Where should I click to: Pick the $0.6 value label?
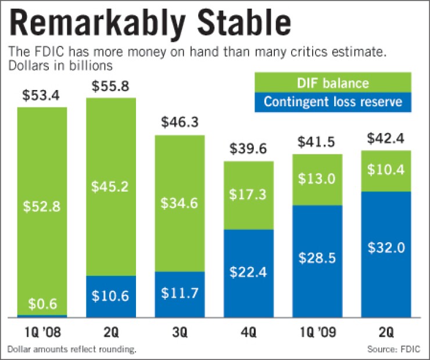pyautogui.click(x=42, y=304)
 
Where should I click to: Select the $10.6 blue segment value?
pyautogui.click(x=110, y=296)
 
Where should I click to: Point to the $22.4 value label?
pyautogui.click(x=248, y=271)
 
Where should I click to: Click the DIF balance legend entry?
pyautogui.click(x=333, y=82)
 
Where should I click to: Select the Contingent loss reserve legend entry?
pyautogui.click(x=333, y=102)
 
